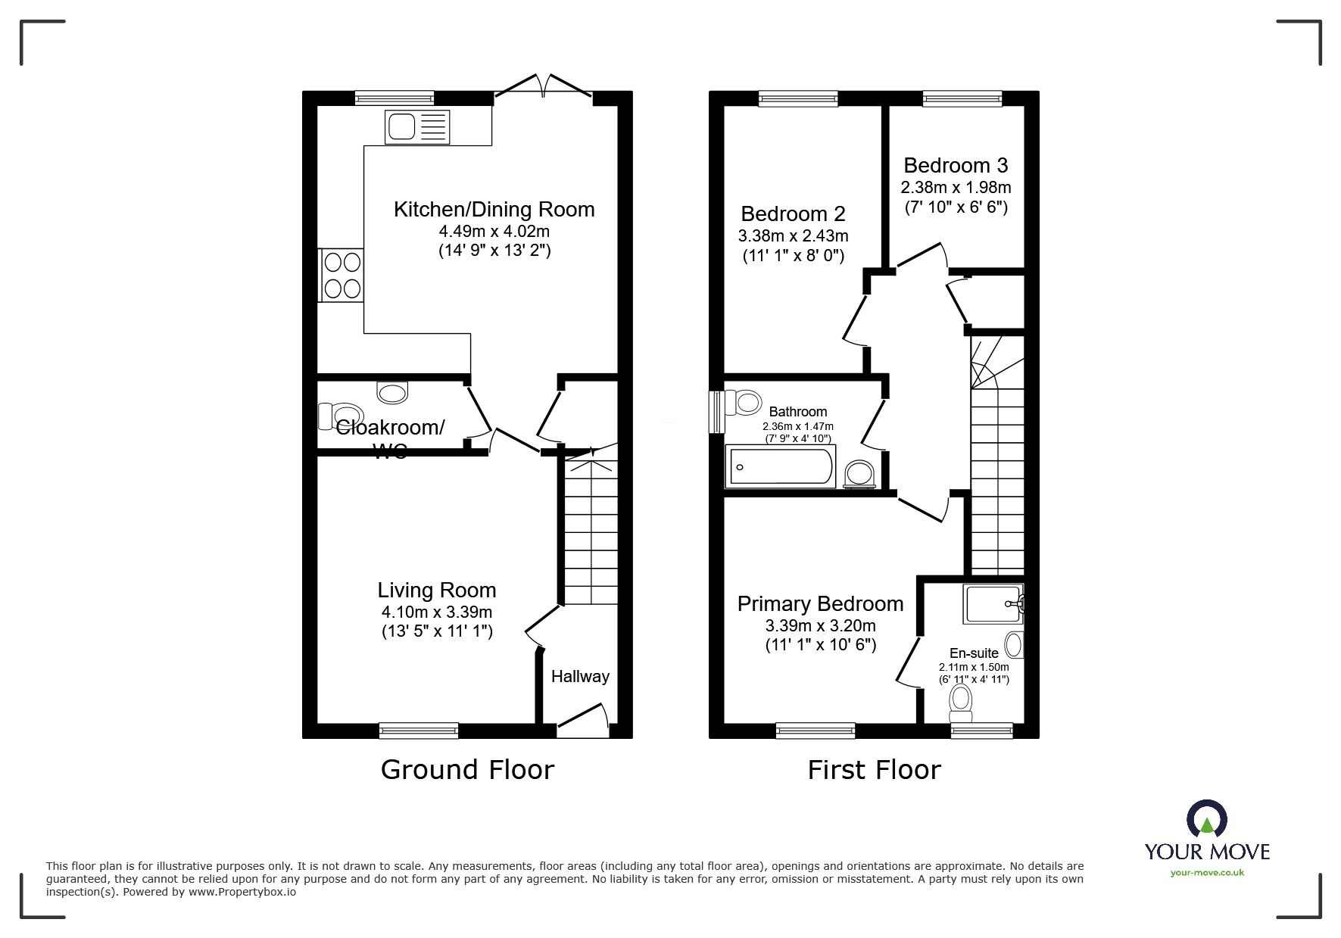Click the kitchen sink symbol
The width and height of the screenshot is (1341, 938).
pyautogui.click(x=417, y=126)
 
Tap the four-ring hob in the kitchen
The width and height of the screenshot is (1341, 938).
pyautogui.click(x=341, y=275)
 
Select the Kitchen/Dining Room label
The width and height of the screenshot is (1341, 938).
pyautogui.click(x=494, y=210)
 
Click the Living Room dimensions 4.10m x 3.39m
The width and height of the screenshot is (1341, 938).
pyautogui.click(x=437, y=612)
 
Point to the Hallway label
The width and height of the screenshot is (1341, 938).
pyautogui.click(x=580, y=677)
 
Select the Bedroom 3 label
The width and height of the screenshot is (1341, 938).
pyautogui.click(x=956, y=165)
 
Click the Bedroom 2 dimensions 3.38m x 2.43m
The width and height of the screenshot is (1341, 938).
pyautogui.click(x=793, y=236)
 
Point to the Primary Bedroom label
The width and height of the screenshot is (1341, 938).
pyautogui.click(x=820, y=604)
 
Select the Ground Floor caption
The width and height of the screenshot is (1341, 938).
pyautogui.click(x=467, y=769)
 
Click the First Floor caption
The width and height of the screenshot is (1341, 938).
pyautogui.click(x=874, y=769)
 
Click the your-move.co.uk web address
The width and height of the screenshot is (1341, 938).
pyautogui.click(x=1207, y=872)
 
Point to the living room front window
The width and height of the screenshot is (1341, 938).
pyautogui.click(x=419, y=730)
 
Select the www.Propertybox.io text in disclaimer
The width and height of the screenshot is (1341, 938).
pyautogui.click(x=242, y=893)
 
